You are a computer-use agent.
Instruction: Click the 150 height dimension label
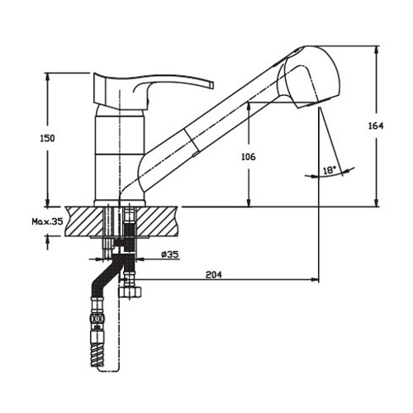point(48,138)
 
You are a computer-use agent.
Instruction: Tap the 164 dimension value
point(376,126)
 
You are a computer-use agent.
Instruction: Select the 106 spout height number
point(249,157)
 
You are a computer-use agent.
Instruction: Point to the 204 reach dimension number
point(214,274)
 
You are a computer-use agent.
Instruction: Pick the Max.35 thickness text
point(47,221)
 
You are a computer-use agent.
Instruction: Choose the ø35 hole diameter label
point(170,254)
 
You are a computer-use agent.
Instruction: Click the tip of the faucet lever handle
point(212,85)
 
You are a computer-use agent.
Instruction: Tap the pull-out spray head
point(308,77)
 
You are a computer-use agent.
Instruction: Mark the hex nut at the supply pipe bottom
point(131,292)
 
